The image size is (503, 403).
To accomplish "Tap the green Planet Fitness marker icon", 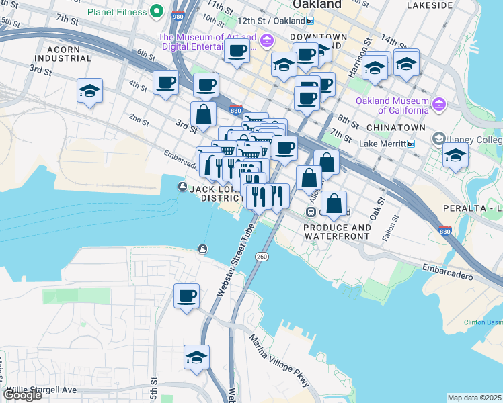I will [x=157, y=11].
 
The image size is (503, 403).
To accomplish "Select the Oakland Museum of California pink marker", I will [x=439, y=105].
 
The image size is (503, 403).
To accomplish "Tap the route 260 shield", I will [x=262, y=257].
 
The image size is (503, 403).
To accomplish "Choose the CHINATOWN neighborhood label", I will [x=395, y=127].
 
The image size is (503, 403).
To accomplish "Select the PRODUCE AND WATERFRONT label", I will [x=337, y=232].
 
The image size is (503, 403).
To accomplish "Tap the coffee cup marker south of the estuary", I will [x=186, y=296].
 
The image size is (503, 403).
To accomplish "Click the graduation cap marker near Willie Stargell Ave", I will [x=196, y=357].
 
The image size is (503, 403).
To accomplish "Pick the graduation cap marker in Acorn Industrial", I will [x=89, y=92].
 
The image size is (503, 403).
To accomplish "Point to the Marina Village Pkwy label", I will [x=280, y=360].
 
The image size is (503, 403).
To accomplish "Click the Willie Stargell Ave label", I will [x=42, y=390].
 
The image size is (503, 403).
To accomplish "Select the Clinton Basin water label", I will [x=483, y=322].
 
